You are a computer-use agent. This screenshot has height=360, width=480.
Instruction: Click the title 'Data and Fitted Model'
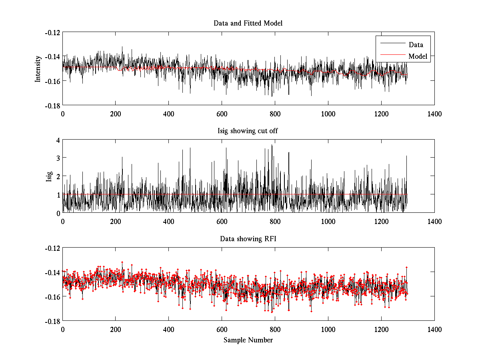(248, 23)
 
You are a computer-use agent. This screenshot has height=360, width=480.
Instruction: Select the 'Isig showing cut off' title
(248, 131)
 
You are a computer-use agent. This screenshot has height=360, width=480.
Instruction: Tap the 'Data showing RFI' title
(248, 239)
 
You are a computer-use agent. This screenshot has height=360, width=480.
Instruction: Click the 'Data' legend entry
(416, 45)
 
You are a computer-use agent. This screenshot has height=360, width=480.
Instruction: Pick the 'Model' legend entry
(418, 56)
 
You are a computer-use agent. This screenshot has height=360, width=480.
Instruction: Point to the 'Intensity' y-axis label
(38, 68)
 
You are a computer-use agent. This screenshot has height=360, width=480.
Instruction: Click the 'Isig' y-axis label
(49, 176)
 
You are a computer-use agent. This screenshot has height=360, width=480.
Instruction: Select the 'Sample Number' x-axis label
(248, 340)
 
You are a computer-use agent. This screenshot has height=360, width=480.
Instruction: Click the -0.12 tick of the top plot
(52, 32)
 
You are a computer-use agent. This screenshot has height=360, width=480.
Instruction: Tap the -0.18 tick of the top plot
(52, 105)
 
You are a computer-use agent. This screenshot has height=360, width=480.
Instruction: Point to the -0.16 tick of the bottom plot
(52, 297)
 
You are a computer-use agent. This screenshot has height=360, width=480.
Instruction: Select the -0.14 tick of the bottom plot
(52, 272)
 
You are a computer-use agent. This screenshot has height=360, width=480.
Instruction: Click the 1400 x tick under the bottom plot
(434, 329)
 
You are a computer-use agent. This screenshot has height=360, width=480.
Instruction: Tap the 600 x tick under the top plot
(222, 114)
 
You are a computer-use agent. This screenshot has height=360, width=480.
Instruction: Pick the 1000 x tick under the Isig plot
(328, 221)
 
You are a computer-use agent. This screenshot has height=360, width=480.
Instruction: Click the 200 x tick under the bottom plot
(116, 329)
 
